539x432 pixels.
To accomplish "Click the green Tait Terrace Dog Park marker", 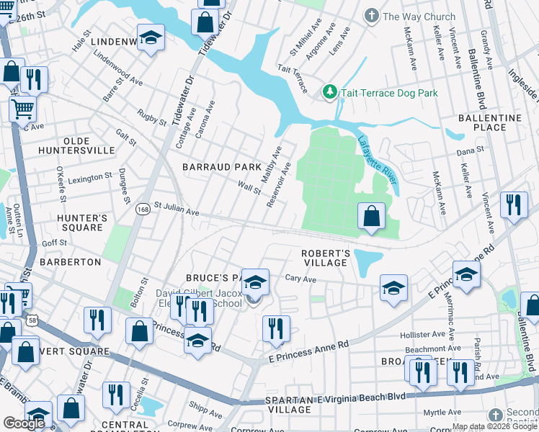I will pos(329,92).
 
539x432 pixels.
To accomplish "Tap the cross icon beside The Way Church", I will pos(372,16).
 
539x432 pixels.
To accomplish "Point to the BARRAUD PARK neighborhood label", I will pos(221,167).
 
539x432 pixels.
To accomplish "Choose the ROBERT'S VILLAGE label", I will pos(326,258).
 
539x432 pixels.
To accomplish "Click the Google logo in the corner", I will pos(24,423).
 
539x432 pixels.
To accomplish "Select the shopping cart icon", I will pos(22,109).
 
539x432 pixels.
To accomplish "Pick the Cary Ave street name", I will pos(300,278).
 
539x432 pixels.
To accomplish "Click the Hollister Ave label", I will pos(423,335).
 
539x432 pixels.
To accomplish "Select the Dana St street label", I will pos(469,151).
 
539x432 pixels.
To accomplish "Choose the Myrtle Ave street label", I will pos(441,413).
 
